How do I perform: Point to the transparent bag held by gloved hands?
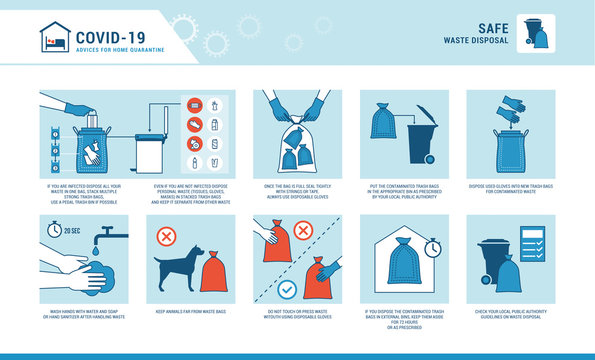[x=297, y=139]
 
